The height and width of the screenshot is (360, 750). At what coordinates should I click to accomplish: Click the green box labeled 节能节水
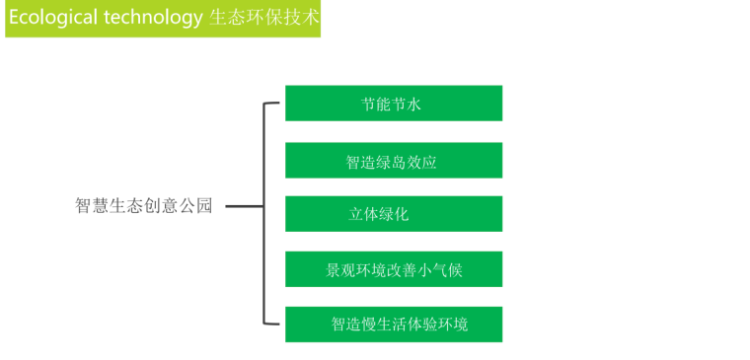click(x=393, y=104)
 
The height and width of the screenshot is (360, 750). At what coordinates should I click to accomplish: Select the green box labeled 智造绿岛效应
click(x=393, y=161)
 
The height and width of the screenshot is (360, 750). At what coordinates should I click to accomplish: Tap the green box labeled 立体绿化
click(x=393, y=214)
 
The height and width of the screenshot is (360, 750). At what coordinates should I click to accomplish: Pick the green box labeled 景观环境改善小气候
click(x=393, y=269)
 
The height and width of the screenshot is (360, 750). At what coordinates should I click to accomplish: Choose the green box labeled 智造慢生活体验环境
click(x=393, y=324)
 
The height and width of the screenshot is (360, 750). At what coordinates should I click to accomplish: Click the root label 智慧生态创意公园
click(x=144, y=206)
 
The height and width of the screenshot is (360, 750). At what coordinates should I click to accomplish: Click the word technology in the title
click(x=153, y=19)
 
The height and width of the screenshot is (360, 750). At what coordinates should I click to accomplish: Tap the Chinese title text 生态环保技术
click(x=263, y=19)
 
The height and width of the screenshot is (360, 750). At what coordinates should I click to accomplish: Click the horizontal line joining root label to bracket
click(x=244, y=207)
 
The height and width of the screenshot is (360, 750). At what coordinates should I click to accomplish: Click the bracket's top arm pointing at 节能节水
click(x=273, y=103)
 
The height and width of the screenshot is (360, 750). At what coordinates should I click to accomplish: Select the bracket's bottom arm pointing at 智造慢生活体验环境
click(x=273, y=323)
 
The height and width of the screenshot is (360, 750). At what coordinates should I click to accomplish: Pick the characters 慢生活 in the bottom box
click(x=384, y=324)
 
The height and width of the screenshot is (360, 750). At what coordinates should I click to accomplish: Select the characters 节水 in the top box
click(x=408, y=104)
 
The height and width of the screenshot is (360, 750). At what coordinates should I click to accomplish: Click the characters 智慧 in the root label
click(x=92, y=206)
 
